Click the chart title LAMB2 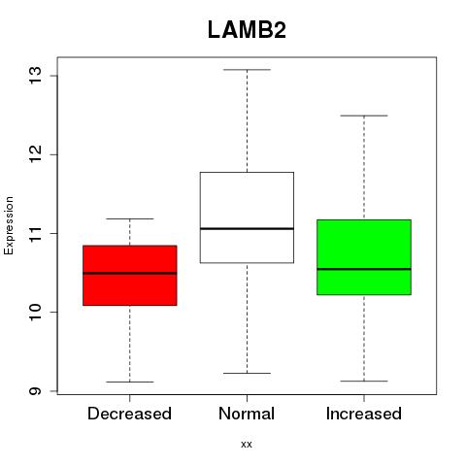(247, 30)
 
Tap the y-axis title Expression (9, 225)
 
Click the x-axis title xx (247, 445)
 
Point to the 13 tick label (36, 76)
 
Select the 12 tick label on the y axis (36, 154)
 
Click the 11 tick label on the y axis (36, 233)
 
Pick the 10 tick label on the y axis (36, 312)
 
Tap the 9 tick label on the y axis (36, 390)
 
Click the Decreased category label (129, 414)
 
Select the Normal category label (247, 414)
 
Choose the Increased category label (364, 414)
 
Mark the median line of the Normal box (247, 228)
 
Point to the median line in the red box (130, 273)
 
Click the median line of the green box (364, 269)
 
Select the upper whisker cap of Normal (247, 70)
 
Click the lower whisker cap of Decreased (130, 382)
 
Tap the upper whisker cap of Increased (364, 116)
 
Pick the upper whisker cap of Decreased (130, 218)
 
